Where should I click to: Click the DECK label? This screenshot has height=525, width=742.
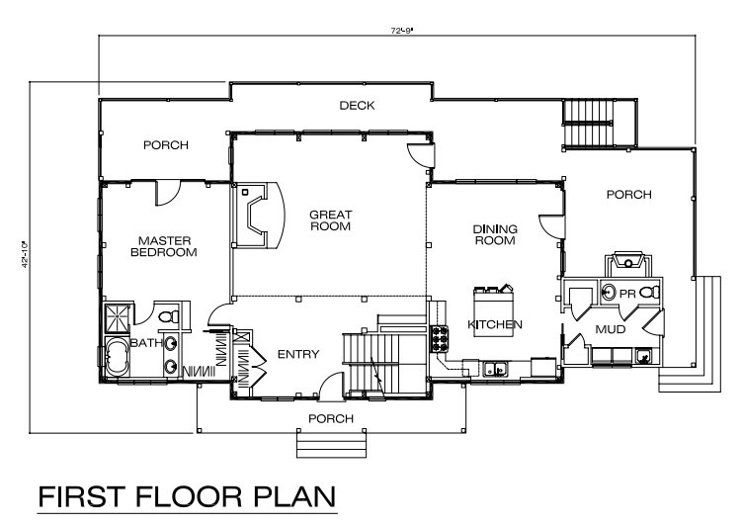coord(357,106)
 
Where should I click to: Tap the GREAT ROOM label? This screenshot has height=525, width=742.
coord(330,220)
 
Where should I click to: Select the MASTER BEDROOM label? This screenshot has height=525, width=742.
coord(164,246)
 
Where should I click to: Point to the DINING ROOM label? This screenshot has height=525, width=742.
coord(495,234)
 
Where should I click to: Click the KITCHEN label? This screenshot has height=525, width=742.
coord(495,324)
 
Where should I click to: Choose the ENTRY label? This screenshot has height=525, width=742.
coord(298,354)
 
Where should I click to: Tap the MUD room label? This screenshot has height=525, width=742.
coord(610,329)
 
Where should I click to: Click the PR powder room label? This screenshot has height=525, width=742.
coord(627,294)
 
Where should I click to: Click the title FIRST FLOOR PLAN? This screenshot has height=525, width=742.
coord(187,496)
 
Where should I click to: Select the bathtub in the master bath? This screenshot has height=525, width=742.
coord(117,357)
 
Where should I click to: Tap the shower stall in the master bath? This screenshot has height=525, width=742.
coord(117,318)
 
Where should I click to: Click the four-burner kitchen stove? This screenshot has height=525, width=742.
coord(439,339)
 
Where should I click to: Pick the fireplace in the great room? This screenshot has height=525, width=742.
coord(258,216)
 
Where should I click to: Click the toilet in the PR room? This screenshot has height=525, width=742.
coord(649,293)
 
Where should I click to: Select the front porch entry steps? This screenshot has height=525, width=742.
coord(331,444)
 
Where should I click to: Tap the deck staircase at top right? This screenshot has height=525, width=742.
coord(599,124)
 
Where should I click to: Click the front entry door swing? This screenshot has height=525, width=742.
coord(331,386)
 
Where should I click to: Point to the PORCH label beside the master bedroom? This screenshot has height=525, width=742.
coord(166,145)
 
